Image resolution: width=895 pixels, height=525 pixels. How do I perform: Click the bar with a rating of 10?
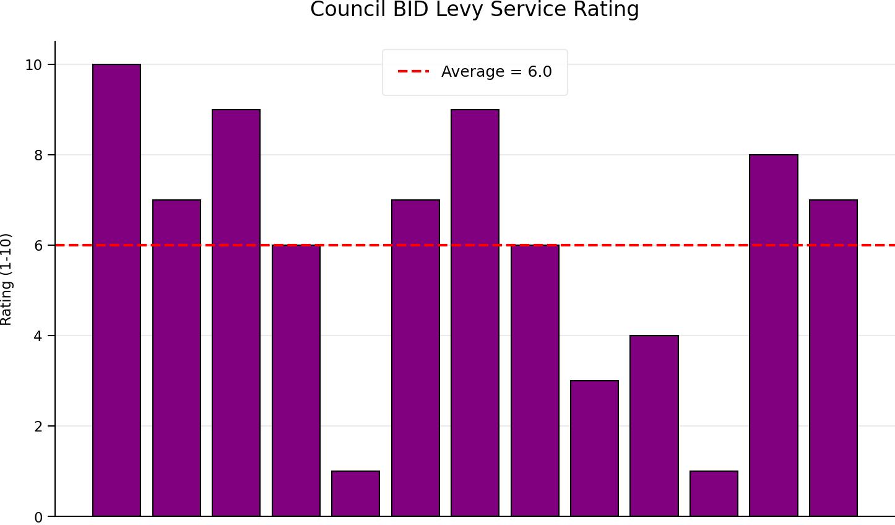[116, 290]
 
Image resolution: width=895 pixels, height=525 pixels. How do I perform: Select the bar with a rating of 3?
[595, 448]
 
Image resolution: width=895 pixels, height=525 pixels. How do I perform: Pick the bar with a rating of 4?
[654, 426]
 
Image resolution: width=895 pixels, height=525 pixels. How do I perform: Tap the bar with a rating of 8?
[774, 335]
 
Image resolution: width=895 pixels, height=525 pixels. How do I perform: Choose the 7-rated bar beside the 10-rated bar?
[176, 358]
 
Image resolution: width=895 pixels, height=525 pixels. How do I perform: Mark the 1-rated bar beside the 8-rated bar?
[714, 493]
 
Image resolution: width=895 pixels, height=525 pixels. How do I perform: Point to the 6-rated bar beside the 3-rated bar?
[535, 380]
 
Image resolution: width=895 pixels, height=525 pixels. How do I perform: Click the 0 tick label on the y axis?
[38, 518]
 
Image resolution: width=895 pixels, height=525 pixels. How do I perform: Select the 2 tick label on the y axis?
[38, 427]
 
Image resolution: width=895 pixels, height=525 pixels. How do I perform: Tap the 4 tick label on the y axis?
[38, 336]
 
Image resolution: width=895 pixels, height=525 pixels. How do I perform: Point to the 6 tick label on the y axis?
[38, 246]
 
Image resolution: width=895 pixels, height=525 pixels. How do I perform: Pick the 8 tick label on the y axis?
[38, 155]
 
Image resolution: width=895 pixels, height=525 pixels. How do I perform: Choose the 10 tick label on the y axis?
[34, 65]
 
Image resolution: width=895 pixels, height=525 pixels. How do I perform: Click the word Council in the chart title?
[348, 9]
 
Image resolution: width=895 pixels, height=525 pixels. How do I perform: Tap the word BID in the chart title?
[411, 9]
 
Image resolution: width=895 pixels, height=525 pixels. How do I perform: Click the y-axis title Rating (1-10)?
[6, 280]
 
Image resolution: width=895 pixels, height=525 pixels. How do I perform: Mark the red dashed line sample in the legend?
[413, 72]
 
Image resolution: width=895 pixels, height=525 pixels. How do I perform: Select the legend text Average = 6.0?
[496, 72]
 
